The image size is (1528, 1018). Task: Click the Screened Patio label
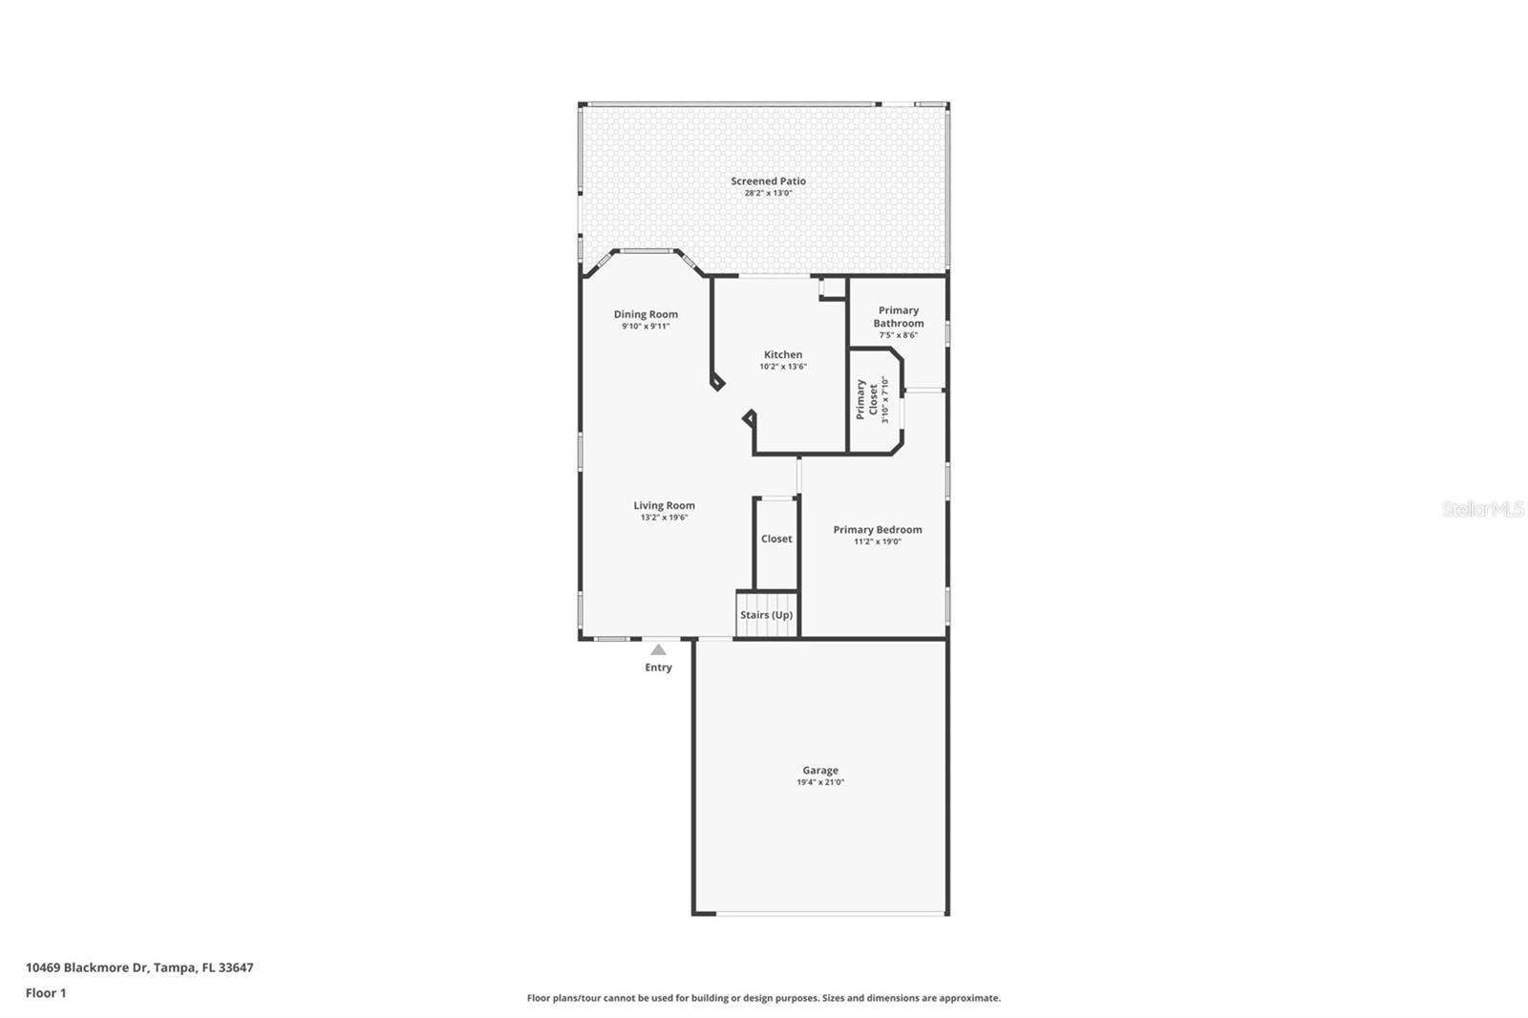[x=768, y=180]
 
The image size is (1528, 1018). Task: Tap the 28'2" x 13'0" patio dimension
[x=768, y=193]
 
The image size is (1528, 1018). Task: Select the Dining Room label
[x=646, y=314]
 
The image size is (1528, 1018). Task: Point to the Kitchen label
[x=782, y=354]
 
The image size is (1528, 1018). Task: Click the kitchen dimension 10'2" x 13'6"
[x=782, y=367]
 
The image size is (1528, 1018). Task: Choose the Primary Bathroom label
[x=898, y=316]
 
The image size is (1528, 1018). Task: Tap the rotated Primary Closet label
[x=866, y=399]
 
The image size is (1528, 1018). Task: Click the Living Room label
[x=664, y=505]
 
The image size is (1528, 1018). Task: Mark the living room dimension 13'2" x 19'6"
[x=664, y=518]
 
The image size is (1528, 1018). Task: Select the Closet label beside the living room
[x=775, y=539]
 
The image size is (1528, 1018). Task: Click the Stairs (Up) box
[x=766, y=615]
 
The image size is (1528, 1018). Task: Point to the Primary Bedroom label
[x=877, y=529]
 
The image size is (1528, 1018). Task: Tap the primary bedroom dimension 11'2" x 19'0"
[x=877, y=541]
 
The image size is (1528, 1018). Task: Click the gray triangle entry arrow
[x=658, y=650]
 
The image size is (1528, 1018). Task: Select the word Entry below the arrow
[x=658, y=668]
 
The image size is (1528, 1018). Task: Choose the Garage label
[x=819, y=770]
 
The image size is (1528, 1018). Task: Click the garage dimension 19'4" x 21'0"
[x=819, y=782]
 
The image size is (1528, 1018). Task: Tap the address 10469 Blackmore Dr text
[x=139, y=967]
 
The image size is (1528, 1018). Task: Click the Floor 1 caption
[x=46, y=993]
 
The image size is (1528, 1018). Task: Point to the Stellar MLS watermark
[x=1482, y=509]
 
